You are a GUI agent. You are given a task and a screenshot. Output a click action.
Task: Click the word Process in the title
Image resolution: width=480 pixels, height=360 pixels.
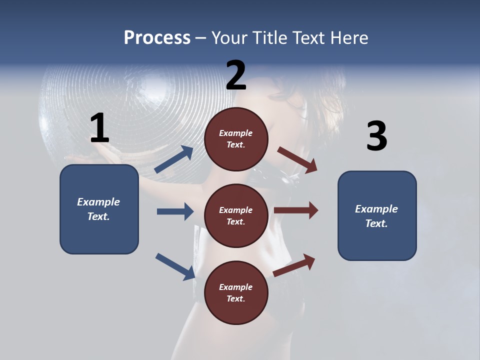pos(157,37)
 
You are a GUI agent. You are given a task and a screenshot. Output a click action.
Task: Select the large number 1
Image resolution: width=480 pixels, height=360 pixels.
pos(99,128)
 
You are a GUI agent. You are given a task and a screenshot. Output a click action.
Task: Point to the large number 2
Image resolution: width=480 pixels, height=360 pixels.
pos(236,75)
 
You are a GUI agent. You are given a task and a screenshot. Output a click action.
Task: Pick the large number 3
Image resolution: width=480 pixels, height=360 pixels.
pos(376,136)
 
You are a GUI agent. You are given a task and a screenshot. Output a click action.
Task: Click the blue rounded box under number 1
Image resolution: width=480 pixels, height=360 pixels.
pos(99,209)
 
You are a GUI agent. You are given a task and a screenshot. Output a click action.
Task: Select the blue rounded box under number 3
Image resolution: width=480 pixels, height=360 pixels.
pos(377,215)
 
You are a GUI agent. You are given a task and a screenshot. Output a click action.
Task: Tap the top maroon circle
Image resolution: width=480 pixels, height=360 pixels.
pos(236,139)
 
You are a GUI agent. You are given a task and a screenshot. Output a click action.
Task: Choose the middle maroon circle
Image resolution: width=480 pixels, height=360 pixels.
pos(236,215)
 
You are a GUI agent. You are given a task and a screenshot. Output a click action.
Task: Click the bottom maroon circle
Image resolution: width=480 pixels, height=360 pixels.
pos(236,292)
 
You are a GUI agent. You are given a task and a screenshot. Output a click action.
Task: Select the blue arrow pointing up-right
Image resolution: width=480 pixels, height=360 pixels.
pos(174,159)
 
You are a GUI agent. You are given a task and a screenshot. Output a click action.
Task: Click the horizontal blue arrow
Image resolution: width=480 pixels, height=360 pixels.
pos(175,211)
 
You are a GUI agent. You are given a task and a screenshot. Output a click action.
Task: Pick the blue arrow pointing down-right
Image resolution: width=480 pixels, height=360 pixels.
pos(175,266)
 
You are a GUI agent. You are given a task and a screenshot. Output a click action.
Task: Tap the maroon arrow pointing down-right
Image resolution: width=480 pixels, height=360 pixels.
pos(297,160)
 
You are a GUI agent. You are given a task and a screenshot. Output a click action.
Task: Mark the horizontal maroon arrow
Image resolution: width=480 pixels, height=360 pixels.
pos(296,210)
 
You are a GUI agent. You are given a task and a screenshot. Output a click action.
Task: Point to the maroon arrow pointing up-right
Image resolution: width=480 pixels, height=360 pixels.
pos(294,265)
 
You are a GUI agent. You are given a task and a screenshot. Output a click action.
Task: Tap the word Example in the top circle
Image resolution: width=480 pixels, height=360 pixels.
pos(235,133)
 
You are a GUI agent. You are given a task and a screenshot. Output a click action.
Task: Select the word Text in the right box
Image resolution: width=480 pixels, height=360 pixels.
pos(376,223)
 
